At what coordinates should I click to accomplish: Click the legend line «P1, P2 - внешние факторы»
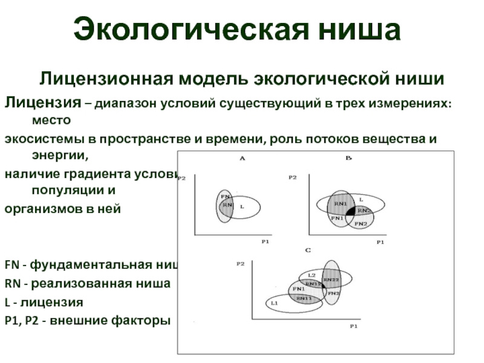[x=88, y=320]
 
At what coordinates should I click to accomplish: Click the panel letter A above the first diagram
[x=241, y=159]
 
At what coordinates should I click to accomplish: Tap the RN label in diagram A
[x=227, y=206]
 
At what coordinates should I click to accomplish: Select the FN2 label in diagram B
[x=361, y=224]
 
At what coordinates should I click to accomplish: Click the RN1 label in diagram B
[x=340, y=203]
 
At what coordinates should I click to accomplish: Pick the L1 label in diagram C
[x=274, y=302]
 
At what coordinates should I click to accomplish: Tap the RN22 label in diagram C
[x=330, y=280]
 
